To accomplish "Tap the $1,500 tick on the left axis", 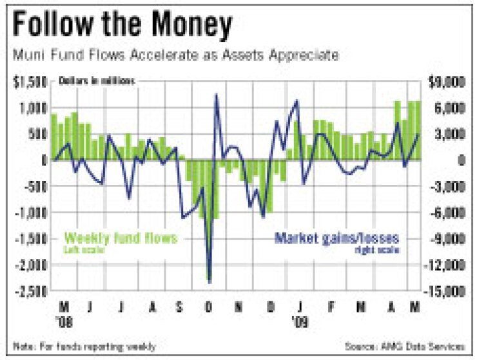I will (30, 82).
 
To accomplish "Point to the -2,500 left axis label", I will (28, 290).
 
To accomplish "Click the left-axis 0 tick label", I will (43, 160).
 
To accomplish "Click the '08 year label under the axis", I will (64, 319).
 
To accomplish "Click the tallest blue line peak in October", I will (216, 95).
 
